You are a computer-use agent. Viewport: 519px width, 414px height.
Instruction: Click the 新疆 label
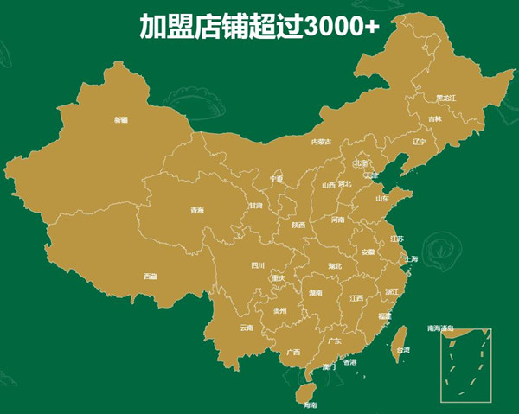pyautogui.click(x=121, y=120)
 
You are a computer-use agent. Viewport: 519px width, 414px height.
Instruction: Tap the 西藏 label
pyautogui.click(x=151, y=277)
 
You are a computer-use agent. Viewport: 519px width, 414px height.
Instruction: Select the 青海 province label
pyautogui.click(x=197, y=211)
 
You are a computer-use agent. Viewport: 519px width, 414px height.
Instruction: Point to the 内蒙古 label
pyautogui.click(x=322, y=141)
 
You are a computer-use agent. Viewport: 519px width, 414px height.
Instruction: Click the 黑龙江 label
pyautogui.click(x=445, y=98)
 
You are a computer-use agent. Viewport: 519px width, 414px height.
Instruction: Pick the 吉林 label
pyautogui.click(x=435, y=118)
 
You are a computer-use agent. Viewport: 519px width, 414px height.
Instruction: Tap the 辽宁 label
pyautogui.click(x=420, y=141)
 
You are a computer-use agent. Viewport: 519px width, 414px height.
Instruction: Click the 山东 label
pyautogui.click(x=382, y=198)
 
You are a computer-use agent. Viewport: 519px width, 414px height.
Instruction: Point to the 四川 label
pyautogui.click(x=258, y=265)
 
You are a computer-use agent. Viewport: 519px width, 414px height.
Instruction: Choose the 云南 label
pyautogui.click(x=247, y=328)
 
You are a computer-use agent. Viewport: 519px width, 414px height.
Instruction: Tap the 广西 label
pyautogui.click(x=294, y=352)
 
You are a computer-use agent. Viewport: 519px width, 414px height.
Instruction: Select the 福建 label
pyautogui.click(x=385, y=316)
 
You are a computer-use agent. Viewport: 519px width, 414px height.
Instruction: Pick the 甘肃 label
pyautogui.click(x=255, y=206)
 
